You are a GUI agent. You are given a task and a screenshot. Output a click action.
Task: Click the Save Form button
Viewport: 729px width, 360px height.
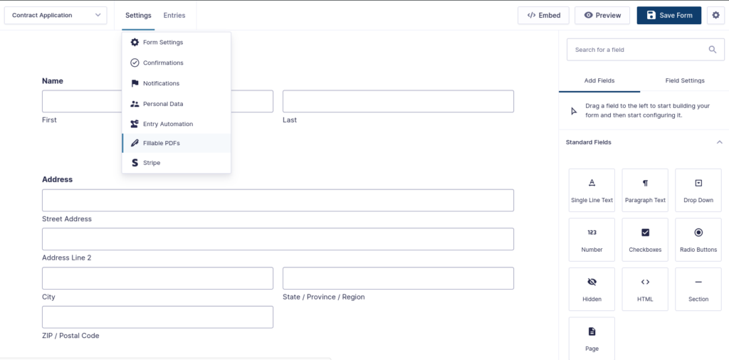click(x=668, y=16)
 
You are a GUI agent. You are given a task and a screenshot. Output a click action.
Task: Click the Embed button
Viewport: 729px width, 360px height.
click(x=544, y=16)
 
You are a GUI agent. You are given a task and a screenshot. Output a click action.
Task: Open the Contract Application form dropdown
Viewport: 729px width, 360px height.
click(x=56, y=16)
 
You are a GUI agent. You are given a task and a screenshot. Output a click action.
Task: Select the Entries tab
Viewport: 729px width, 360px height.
click(x=174, y=16)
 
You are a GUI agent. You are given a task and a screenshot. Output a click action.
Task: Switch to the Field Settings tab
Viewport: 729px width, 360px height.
click(x=685, y=80)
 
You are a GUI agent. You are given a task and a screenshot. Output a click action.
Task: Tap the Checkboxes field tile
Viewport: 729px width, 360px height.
click(x=645, y=240)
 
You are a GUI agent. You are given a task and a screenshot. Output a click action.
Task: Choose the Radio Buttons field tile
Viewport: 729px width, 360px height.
click(x=698, y=240)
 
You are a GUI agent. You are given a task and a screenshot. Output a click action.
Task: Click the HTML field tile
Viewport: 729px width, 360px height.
click(x=645, y=290)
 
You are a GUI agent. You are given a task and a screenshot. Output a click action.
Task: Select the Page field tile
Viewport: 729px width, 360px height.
click(x=592, y=339)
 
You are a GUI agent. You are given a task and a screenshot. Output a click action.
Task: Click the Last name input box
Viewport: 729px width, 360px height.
click(x=398, y=101)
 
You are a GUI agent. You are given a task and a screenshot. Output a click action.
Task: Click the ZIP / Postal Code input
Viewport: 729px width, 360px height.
click(x=157, y=317)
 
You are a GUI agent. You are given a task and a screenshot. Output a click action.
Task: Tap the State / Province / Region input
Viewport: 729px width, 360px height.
click(x=398, y=278)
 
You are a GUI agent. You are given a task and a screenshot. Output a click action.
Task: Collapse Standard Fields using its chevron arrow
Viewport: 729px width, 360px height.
click(x=719, y=142)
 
